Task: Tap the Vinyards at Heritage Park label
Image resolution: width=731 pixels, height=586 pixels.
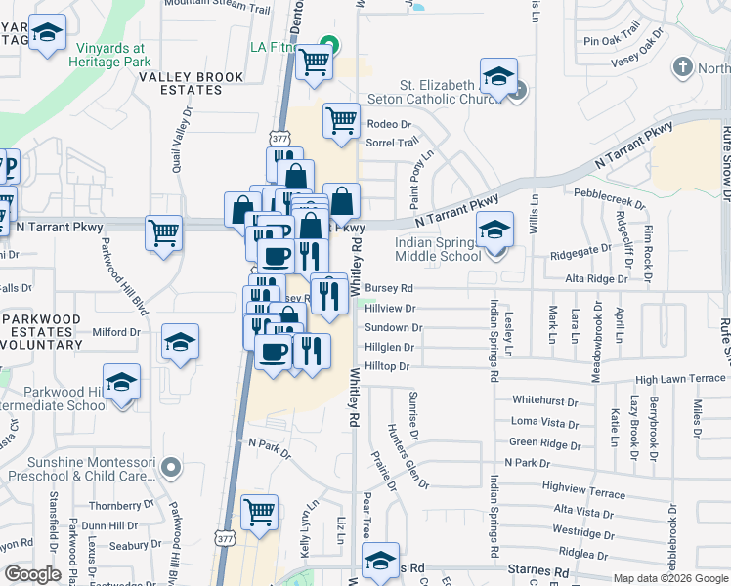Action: point(107,54)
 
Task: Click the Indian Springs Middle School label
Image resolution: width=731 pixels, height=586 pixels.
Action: point(439,249)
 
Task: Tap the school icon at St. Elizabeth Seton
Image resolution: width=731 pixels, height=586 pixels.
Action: point(498,78)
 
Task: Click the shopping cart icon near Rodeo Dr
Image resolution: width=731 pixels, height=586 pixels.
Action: point(341,121)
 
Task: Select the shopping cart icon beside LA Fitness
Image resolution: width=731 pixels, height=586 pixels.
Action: point(314,61)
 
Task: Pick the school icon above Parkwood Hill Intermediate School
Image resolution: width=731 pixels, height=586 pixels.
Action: point(121,381)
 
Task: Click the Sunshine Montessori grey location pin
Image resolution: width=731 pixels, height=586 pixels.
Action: point(171,468)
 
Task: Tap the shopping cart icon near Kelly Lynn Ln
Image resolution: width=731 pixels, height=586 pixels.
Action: point(259,512)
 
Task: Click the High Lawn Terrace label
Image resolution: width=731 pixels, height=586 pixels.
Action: point(680,378)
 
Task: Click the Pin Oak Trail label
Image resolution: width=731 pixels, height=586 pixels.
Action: point(611,41)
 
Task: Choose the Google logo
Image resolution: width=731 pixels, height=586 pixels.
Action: point(33,574)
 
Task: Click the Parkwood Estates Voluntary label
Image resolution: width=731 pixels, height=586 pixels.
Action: point(55,332)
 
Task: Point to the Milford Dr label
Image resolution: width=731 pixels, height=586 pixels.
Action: point(117,332)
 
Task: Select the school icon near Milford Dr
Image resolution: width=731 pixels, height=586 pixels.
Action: point(180,342)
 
